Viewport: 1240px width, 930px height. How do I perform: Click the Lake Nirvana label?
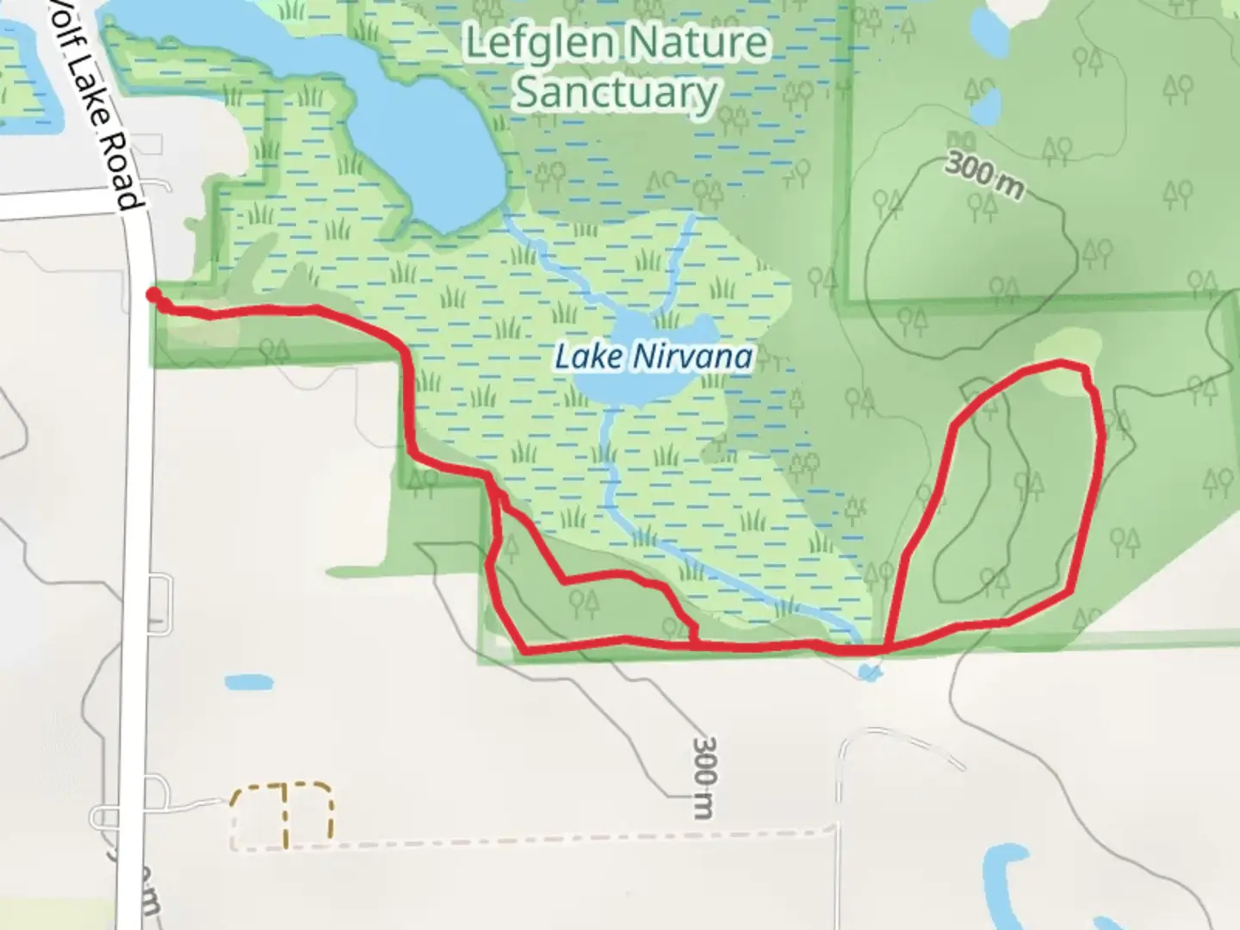653,356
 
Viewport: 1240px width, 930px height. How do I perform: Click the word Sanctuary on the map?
617,92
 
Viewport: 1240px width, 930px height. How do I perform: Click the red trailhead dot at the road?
153,295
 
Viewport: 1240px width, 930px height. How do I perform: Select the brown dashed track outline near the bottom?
282,811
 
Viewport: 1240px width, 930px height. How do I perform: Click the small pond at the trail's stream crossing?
871,670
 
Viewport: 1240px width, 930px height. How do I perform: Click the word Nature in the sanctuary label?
699,41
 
